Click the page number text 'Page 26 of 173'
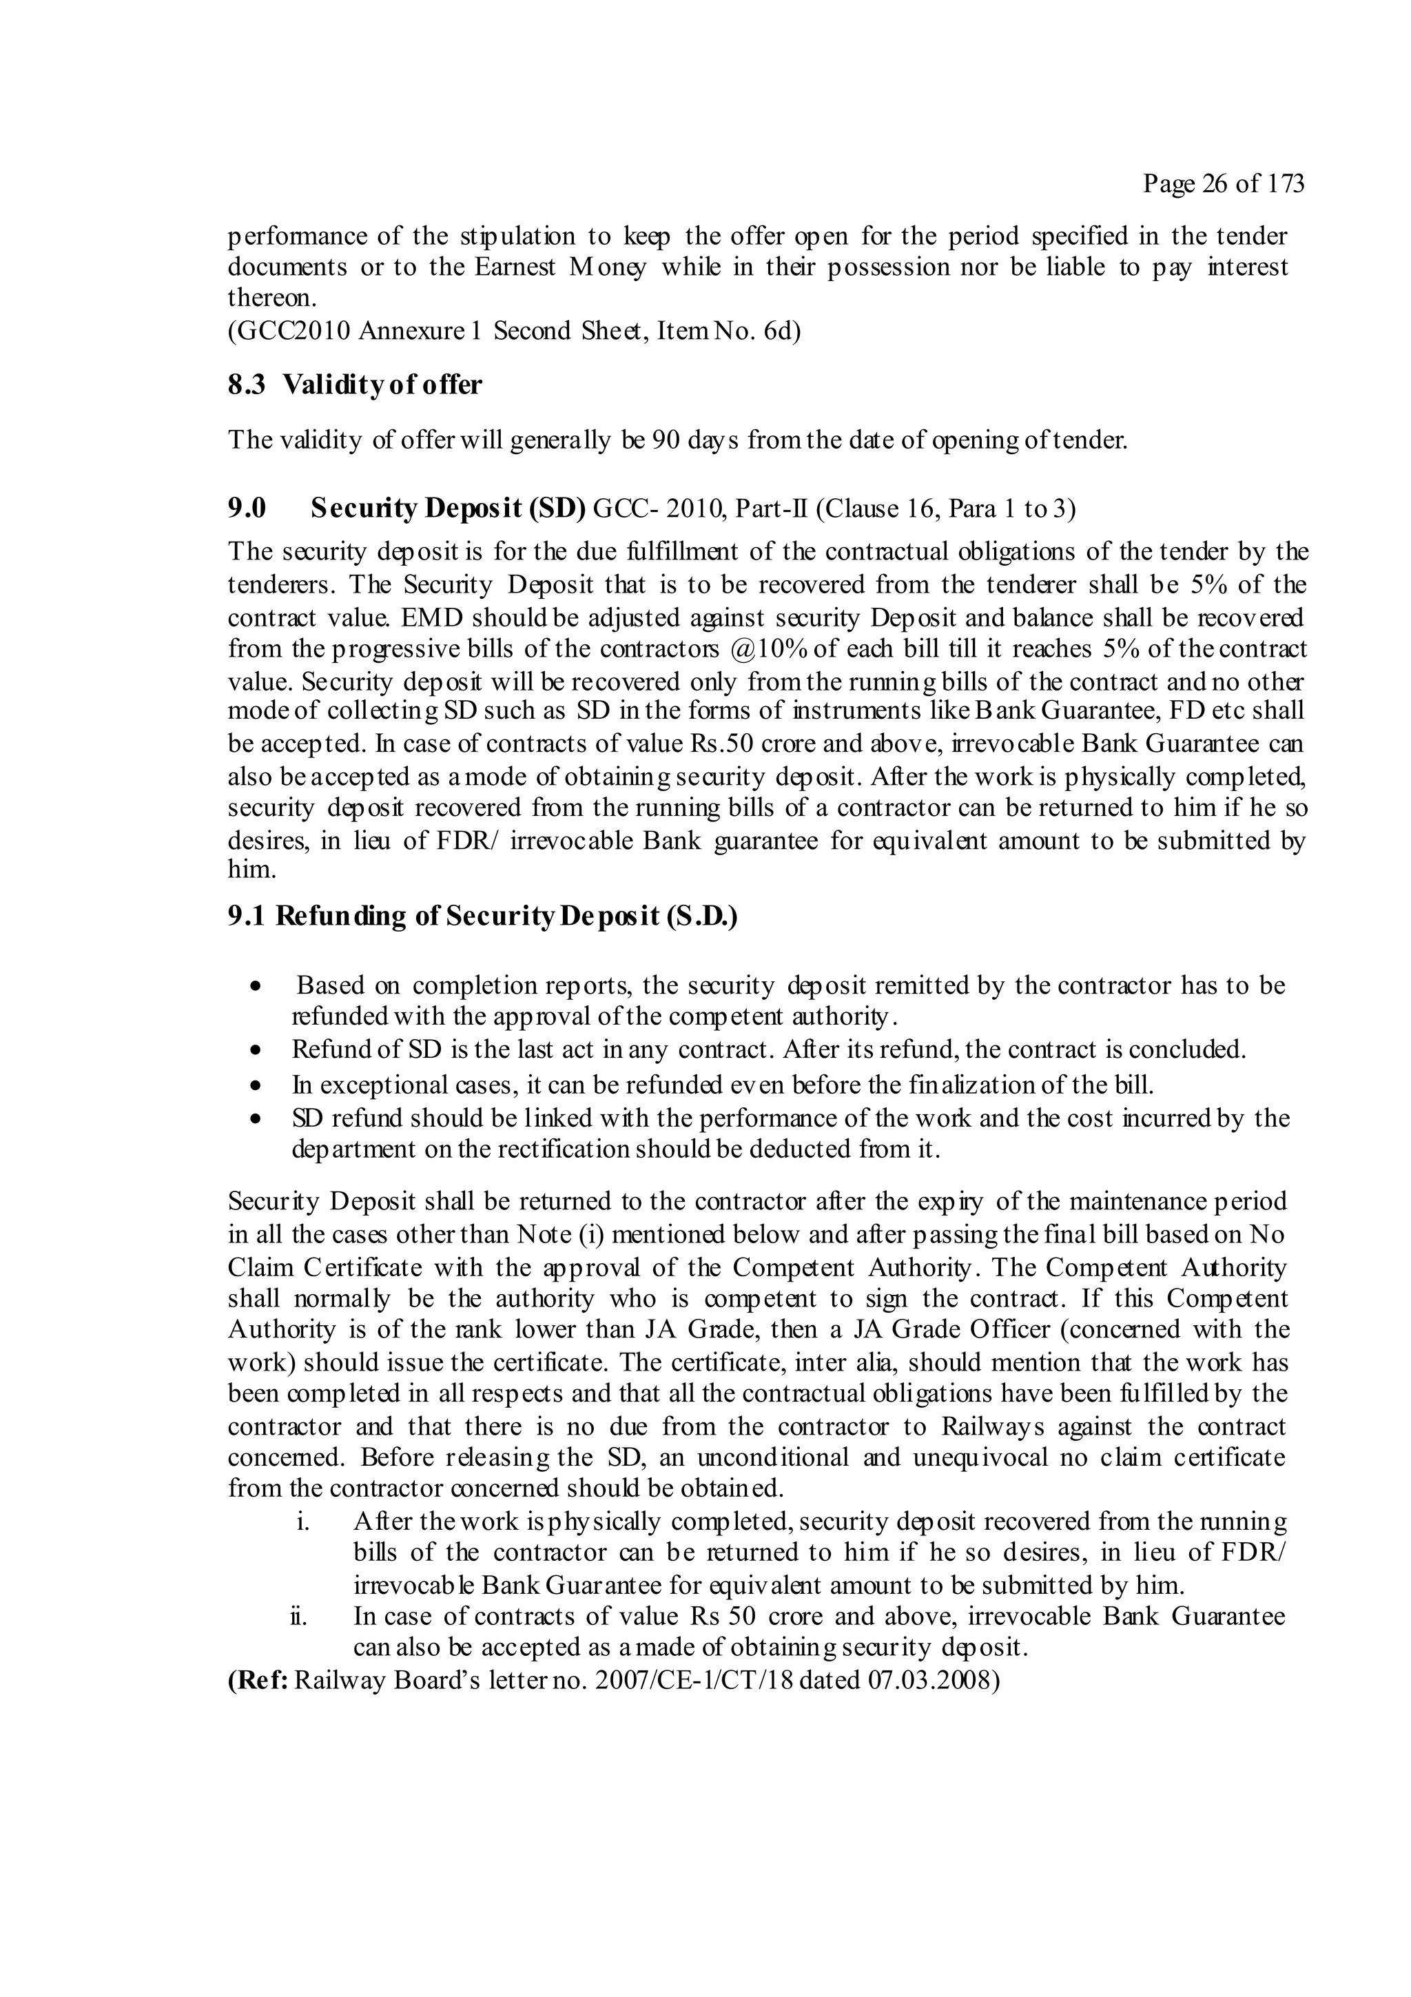1223,183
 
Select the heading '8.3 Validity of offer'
355,385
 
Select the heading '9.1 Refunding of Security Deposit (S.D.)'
482,916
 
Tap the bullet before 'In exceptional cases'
255,1086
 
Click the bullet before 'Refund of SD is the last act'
255,1051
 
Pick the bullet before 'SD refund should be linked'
255,1119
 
